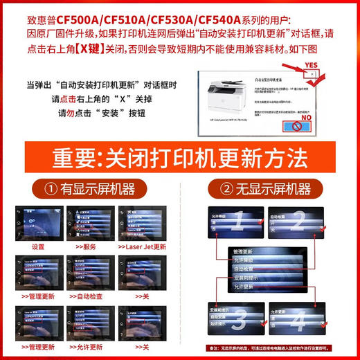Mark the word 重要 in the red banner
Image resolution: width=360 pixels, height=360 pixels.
click(76, 159)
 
